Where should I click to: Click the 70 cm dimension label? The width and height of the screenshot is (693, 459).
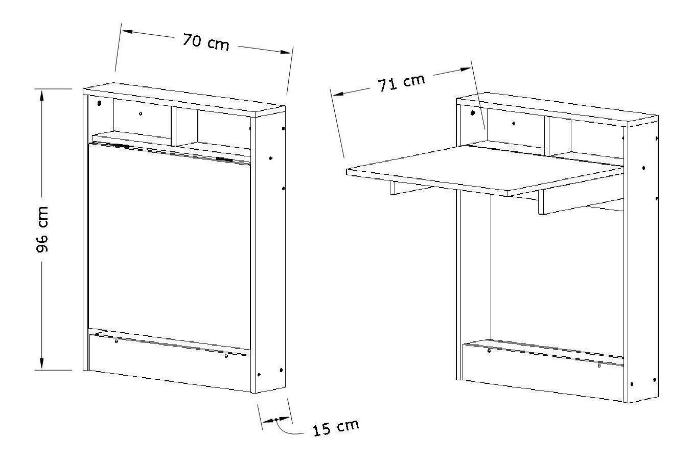pos(206,42)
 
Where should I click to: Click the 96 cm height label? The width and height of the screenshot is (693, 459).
pos(42,229)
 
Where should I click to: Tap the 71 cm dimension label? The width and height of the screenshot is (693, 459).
pos(401,83)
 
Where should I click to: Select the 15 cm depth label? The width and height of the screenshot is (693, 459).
pos(336,427)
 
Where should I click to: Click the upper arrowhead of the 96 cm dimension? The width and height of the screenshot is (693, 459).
pos(42,96)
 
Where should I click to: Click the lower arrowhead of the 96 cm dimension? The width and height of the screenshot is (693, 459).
pos(42,363)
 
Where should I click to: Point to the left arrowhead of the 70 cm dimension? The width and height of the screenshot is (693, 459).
pos(128,31)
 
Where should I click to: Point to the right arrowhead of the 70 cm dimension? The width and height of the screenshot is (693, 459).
pos(285,52)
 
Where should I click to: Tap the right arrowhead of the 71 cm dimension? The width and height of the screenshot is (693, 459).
pos(465,69)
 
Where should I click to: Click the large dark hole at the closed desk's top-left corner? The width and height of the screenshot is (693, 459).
pos(99,103)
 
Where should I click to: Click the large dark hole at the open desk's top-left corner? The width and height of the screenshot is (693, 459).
pos(472,113)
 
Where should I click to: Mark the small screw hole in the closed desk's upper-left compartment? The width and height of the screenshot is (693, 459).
pos(141,113)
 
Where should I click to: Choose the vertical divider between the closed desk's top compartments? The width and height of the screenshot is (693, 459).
pos(174,126)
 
